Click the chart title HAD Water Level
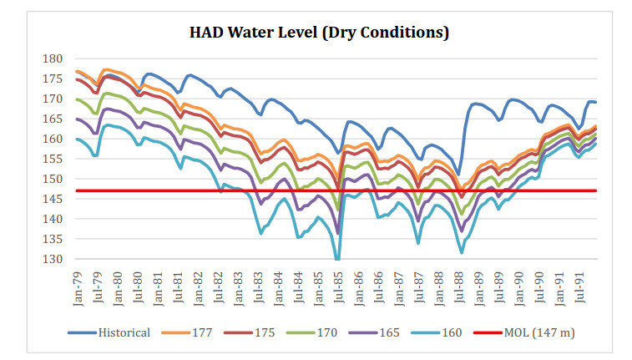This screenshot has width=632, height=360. click(267, 33)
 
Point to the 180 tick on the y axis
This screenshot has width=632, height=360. click(53, 58)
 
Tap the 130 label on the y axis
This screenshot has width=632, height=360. click(53, 259)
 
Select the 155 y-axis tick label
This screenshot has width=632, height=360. click(53, 159)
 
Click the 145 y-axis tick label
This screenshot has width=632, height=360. click(53, 199)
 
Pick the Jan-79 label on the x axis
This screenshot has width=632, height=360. click(78, 287)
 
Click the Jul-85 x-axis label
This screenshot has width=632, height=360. click(338, 287)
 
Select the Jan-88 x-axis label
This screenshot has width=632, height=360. click(438, 287)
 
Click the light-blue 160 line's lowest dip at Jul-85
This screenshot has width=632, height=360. click(336, 259)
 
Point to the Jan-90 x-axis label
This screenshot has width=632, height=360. click(518, 287)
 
